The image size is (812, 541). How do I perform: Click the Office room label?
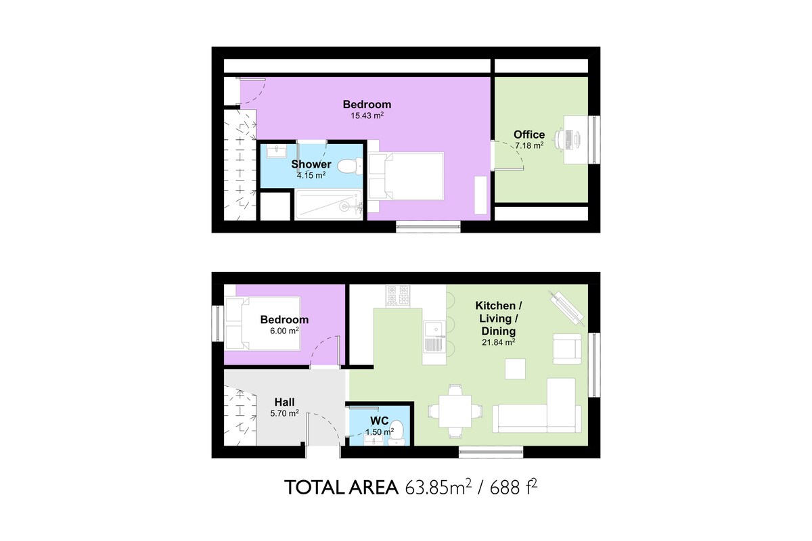tap(529, 135)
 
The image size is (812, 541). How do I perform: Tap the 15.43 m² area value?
tap(367, 116)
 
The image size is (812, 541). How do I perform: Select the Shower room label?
tap(311, 164)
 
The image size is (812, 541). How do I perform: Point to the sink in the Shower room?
tap(276, 151)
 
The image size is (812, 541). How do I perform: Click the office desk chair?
tap(560, 139)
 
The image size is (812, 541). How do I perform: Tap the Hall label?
tap(284, 402)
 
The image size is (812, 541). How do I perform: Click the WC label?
tap(379, 421)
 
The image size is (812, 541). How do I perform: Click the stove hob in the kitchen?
tap(398, 296)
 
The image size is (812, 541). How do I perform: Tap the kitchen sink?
tap(434, 337)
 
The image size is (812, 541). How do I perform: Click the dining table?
tap(455, 411)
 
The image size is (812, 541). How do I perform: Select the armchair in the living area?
tap(567, 349)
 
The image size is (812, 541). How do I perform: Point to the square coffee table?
tap(515, 369)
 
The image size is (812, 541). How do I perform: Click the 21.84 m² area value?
tap(499, 342)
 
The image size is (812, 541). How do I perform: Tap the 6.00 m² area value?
tap(284, 331)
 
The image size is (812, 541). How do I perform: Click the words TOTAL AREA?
tap(341, 488)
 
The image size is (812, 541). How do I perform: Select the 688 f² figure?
tap(514, 487)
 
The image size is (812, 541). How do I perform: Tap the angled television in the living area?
tap(566, 308)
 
